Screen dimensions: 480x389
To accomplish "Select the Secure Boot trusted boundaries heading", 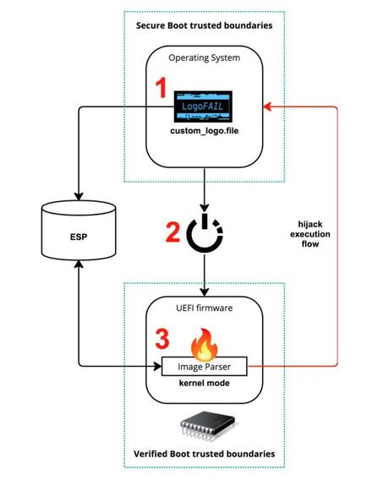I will (205, 25).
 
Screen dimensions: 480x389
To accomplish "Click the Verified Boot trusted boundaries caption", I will (204, 454).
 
